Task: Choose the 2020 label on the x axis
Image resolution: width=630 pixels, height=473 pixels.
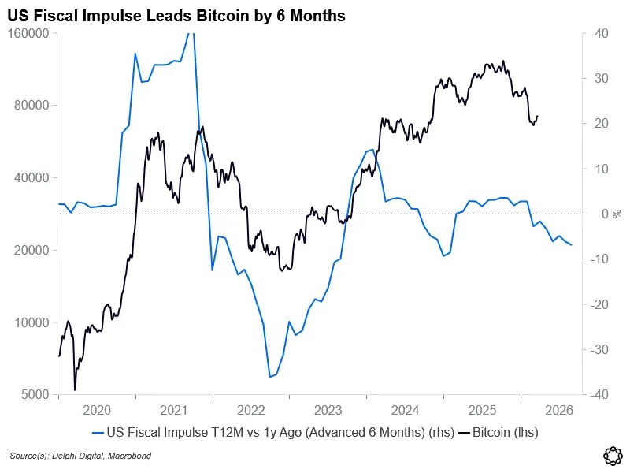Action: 97,410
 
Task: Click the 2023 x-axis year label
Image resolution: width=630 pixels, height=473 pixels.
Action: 328,410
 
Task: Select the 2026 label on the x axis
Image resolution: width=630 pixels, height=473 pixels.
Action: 559,410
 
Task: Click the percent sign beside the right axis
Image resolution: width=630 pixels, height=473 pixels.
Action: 618,214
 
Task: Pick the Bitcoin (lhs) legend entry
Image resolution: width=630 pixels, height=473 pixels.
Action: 505,432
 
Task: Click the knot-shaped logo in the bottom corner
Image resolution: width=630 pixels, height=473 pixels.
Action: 613,456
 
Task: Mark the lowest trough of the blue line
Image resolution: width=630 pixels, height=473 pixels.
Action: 269,377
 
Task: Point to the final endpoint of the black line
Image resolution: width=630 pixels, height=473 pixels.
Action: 538,117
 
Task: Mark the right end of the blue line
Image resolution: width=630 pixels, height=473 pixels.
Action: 572,244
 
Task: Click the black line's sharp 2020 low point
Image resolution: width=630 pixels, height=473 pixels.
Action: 75,389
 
